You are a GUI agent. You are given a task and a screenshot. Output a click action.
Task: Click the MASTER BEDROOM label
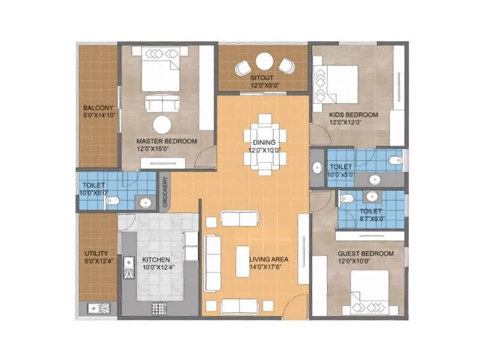pos(166,141)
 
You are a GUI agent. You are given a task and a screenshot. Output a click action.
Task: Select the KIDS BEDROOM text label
pos(353,114)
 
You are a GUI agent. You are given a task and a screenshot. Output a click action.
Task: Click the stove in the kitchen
pos(158,309)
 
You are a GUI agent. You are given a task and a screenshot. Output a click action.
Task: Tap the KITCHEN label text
pos(156,260)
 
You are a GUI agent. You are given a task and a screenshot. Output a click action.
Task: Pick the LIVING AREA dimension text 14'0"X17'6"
pos(269,268)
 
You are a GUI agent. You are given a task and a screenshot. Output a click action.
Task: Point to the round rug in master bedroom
pos(162,125)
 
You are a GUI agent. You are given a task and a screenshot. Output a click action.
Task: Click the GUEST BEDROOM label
pos(365,254)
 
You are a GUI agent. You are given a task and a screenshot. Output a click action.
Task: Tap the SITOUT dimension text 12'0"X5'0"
pos(264,86)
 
